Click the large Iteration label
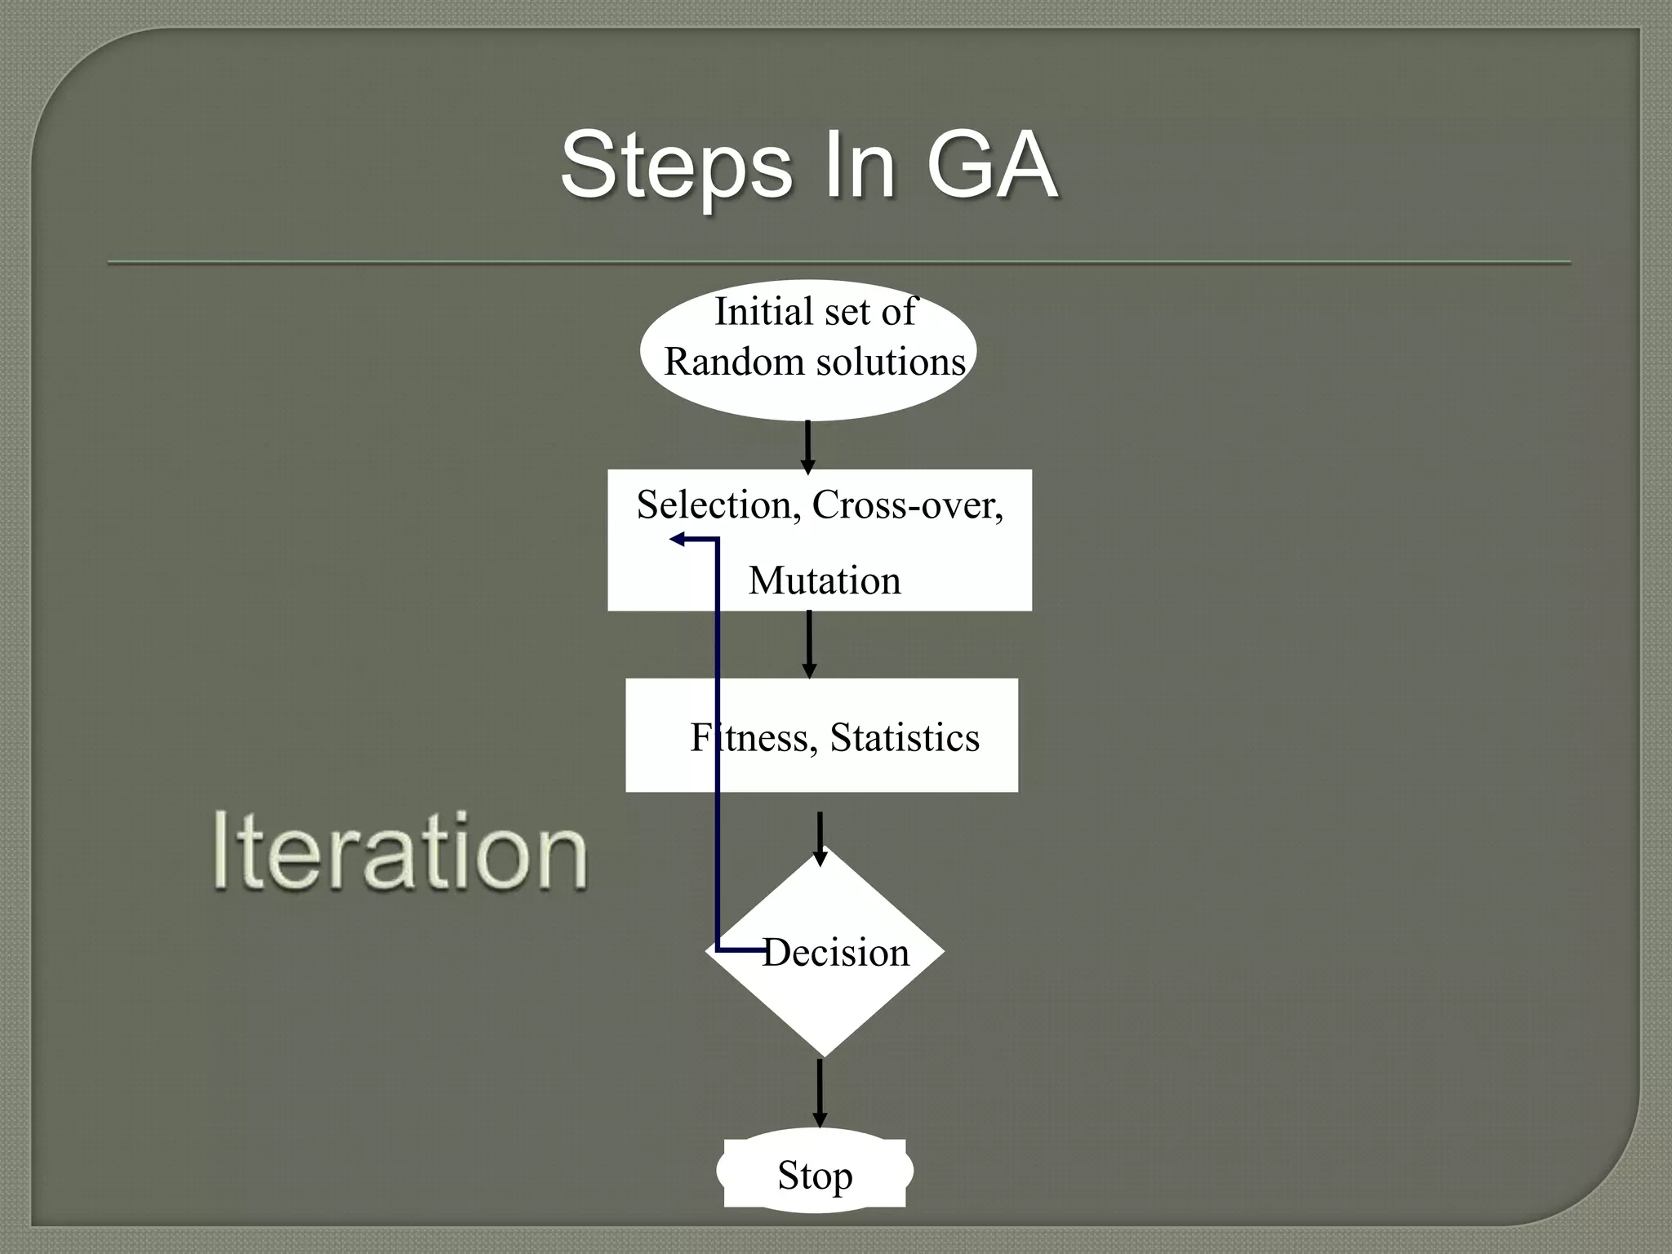pos(400,852)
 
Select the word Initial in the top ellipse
pos(763,312)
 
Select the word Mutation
pos(825,581)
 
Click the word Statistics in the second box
pos(905,738)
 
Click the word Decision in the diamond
pos(836,953)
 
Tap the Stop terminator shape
pos(815,1174)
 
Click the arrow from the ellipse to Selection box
pos(807,447)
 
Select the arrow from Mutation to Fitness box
pos(809,644)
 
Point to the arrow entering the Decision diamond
pos(820,838)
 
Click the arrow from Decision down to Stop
pos(820,1092)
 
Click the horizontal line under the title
pos(839,263)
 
